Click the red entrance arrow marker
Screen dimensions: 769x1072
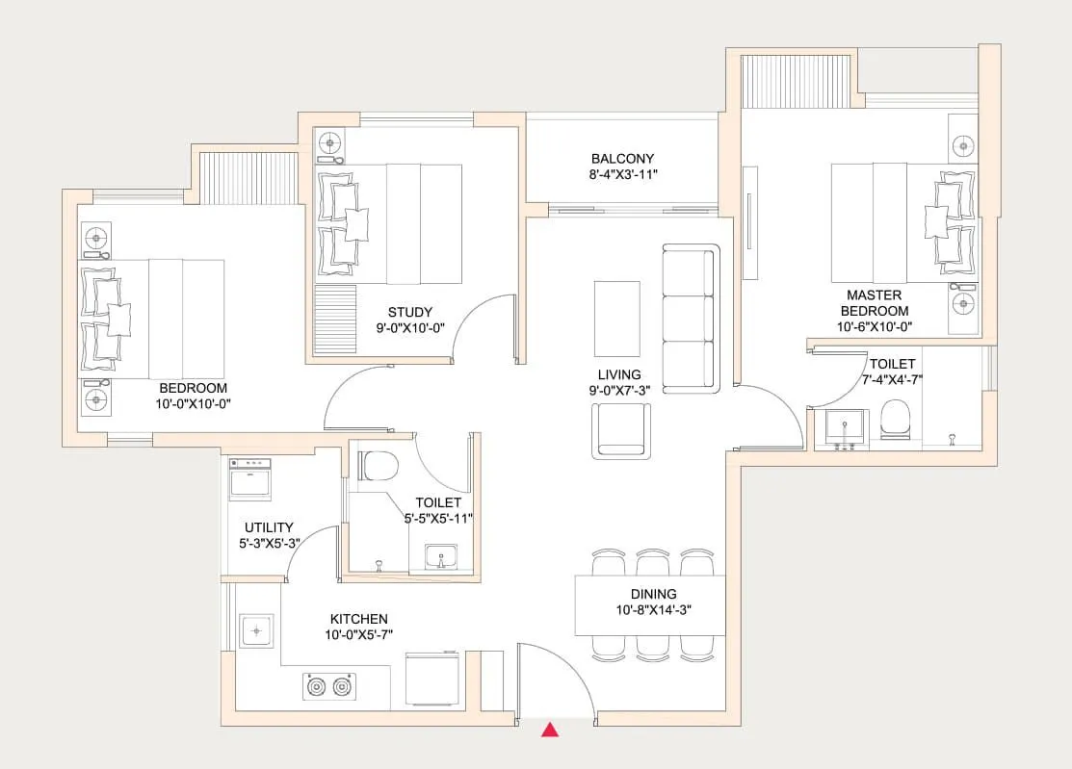pyautogui.click(x=550, y=730)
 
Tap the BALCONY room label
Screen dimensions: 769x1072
pyautogui.click(x=622, y=159)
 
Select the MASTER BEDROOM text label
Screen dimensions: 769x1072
pyautogui.click(x=874, y=303)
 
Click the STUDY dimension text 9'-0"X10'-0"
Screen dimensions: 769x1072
pyautogui.click(x=410, y=328)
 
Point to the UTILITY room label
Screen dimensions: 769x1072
pyautogui.click(x=269, y=527)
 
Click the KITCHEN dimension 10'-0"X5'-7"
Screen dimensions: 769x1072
pyautogui.click(x=358, y=634)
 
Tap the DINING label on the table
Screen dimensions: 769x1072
pyautogui.click(x=653, y=594)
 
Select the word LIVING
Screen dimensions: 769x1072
pyautogui.click(x=617, y=374)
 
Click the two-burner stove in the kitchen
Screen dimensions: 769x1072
pyautogui.click(x=327, y=687)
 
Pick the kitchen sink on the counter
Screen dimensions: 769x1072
pyautogui.click(x=254, y=631)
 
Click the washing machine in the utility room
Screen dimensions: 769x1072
pyautogui.click(x=250, y=478)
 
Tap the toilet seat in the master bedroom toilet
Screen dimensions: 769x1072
pyautogui.click(x=897, y=420)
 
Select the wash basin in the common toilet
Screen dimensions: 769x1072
pyautogui.click(x=444, y=557)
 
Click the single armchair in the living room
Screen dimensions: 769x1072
pyautogui.click(x=621, y=430)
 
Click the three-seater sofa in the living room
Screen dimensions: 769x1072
pyautogui.click(x=691, y=318)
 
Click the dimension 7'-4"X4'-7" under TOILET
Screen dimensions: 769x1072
pyautogui.click(x=893, y=380)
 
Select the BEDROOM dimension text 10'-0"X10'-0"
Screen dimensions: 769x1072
pyautogui.click(x=194, y=403)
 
